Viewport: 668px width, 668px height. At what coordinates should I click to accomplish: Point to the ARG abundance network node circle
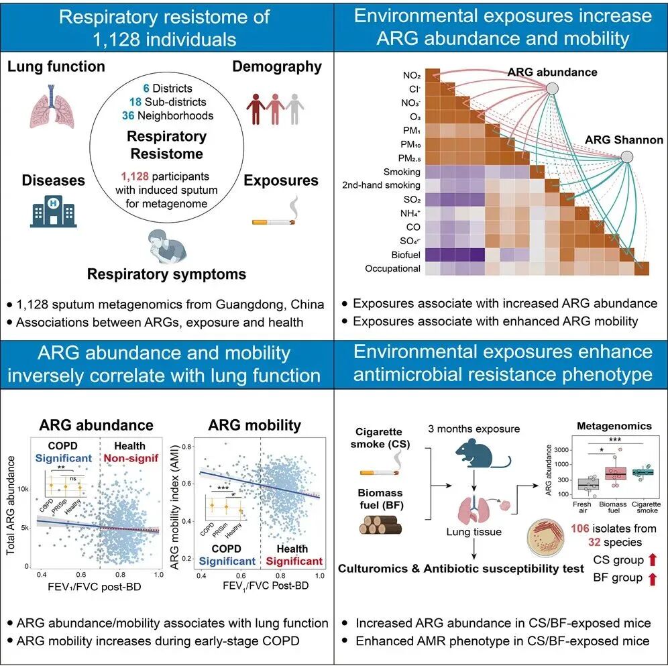coord(552,87)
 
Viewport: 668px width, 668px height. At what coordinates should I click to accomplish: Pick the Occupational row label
coord(392,268)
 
